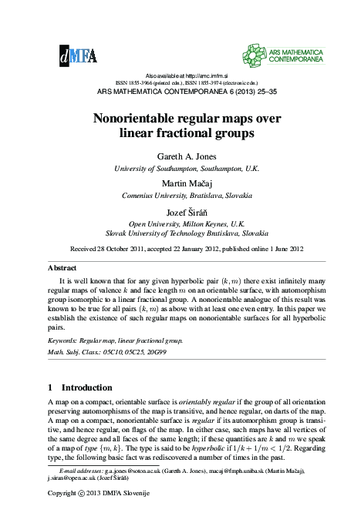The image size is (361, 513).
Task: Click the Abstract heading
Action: (62, 267)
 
